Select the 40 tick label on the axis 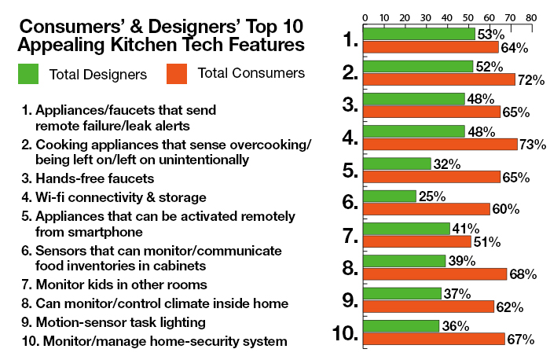tap(447, 17)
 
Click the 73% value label tap(533, 145)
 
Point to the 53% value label tap(490, 34)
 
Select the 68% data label tap(522, 274)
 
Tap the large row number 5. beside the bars tap(349, 171)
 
